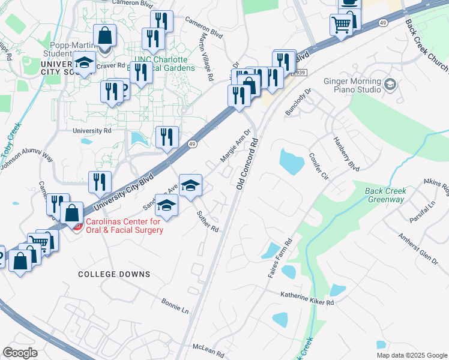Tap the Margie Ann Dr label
[235, 148]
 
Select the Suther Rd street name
[208, 222]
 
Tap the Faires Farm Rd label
[280, 258]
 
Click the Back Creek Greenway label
[385, 196]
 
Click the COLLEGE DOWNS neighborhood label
[114, 274]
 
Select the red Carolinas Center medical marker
[77, 226]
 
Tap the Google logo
[20, 353]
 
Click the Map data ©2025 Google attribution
[411, 355]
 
